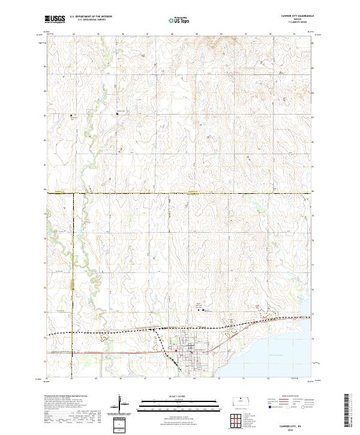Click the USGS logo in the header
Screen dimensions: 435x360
(x=55, y=20)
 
